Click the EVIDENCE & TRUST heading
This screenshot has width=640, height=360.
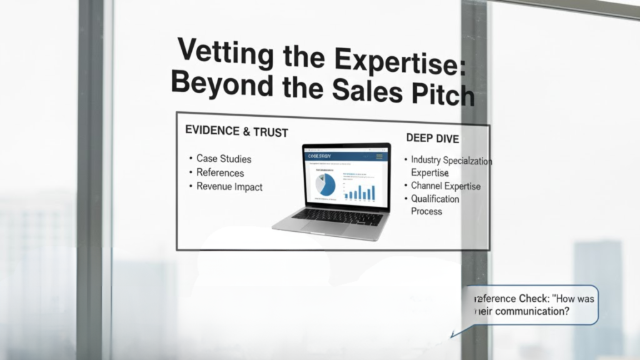click(237, 132)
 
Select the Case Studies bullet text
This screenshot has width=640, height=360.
click(224, 159)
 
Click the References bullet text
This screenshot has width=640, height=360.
click(220, 172)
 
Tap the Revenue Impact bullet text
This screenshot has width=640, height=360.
click(229, 186)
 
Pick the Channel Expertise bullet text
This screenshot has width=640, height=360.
click(446, 186)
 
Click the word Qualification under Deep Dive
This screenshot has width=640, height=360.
click(435, 199)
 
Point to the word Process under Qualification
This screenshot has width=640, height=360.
click(426, 211)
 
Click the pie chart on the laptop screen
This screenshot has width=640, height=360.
click(326, 184)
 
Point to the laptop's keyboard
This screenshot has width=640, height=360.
click(337, 216)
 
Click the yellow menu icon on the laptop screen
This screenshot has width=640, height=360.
click(377, 156)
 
